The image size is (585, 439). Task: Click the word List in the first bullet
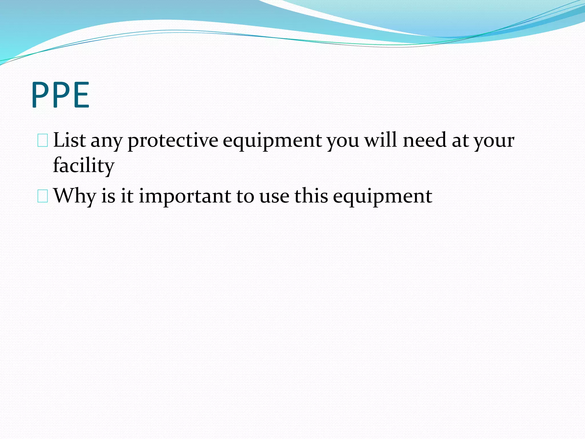coord(69,140)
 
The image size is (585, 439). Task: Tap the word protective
coord(173,141)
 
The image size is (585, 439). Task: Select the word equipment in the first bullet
coord(272,141)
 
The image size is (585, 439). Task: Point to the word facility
coord(83,166)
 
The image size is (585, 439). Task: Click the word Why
coord(75,196)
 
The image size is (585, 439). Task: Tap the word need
coord(424,140)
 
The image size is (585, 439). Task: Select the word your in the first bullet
coord(494,141)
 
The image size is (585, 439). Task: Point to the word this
coord(311,196)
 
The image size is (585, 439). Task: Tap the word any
coord(107,141)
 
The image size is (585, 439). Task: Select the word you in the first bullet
coord(343,141)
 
